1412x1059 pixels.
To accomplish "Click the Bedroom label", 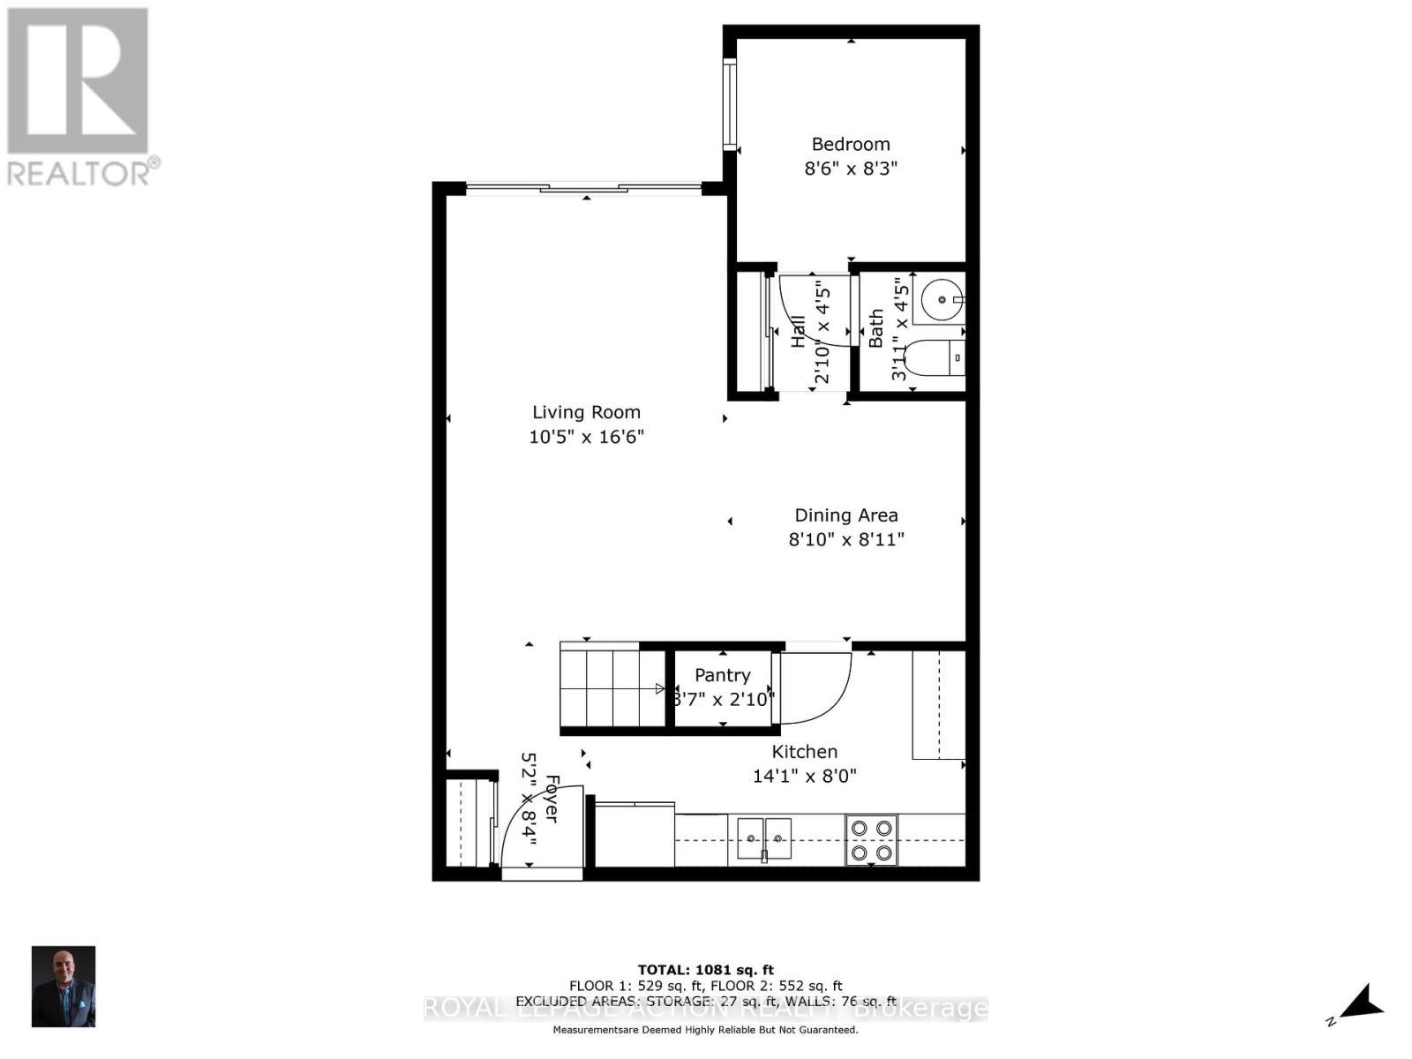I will (x=851, y=144).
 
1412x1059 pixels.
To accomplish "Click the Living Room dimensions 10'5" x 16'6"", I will (x=587, y=437).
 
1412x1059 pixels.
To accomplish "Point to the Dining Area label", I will (x=846, y=515).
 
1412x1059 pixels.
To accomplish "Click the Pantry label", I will (x=722, y=675).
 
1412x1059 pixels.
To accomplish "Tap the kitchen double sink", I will (x=764, y=838).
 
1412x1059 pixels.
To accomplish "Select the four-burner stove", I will (x=871, y=840).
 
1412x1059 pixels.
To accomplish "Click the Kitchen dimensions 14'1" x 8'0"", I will (x=804, y=777).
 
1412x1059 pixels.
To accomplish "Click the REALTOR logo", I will (x=79, y=97).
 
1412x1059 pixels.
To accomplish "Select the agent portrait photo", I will (x=64, y=987).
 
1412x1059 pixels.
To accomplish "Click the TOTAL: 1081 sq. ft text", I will (x=705, y=970).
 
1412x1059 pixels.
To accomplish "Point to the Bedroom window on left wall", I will (x=729, y=103).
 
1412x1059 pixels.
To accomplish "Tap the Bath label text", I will (x=876, y=328).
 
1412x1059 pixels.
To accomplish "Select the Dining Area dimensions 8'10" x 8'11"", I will (x=846, y=539).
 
